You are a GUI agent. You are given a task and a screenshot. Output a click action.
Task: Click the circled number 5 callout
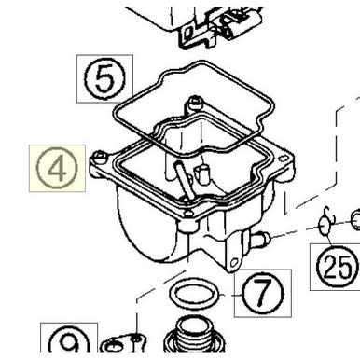[x=105, y=78]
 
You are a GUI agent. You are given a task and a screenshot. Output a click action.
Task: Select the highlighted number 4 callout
[x=57, y=168]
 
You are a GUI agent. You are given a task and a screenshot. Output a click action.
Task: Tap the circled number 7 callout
[x=263, y=294]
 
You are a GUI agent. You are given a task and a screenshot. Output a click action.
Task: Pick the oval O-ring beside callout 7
[x=195, y=294]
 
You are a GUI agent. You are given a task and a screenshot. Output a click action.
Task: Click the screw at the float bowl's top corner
[x=195, y=103]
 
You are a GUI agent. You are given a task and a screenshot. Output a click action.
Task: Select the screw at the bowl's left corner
[x=99, y=157]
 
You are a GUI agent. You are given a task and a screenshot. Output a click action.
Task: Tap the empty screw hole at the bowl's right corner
[x=283, y=159]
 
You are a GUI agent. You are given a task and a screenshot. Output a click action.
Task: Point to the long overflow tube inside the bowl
[x=184, y=180]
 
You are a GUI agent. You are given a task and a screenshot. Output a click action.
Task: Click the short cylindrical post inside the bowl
[x=201, y=173]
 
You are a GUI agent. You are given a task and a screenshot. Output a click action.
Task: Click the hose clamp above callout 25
[x=325, y=222]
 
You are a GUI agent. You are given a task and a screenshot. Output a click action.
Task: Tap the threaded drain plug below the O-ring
[x=195, y=336]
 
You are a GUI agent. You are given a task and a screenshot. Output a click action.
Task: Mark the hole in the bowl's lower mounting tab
[x=234, y=263]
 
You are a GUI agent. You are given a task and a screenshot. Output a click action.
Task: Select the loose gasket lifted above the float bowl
[x=193, y=108]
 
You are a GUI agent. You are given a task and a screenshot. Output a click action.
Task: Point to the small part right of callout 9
[x=124, y=343]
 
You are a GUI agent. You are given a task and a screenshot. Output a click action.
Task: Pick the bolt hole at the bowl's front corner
[x=187, y=215]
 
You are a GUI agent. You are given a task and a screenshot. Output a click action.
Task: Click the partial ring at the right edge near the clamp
[x=356, y=220]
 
